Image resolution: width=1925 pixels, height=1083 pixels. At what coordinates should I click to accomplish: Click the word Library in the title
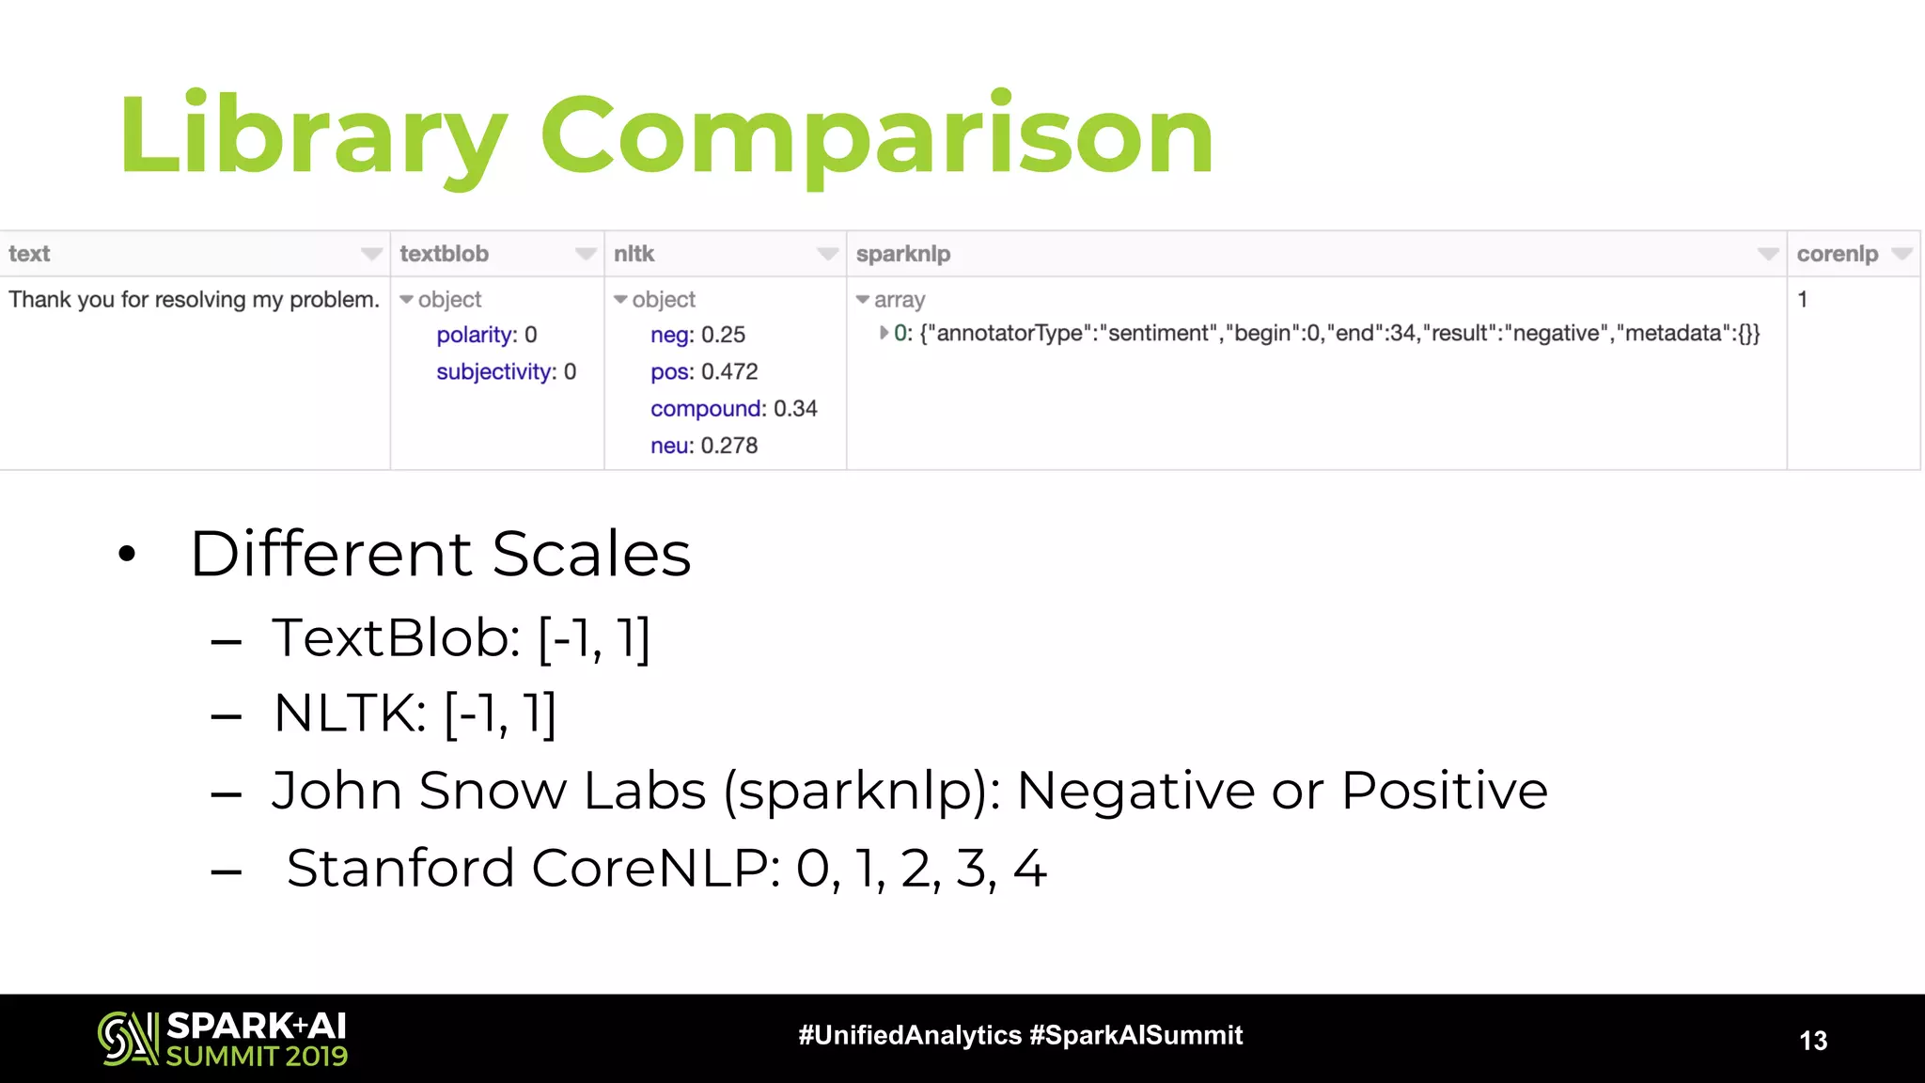point(310,136)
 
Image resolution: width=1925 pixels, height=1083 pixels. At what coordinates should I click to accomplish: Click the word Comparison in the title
point(876,136)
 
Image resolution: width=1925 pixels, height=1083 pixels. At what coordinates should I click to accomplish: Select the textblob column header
point(445,254)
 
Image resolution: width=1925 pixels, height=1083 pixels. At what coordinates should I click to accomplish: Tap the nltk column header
point(634,254)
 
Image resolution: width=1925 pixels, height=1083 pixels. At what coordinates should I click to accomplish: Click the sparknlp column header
point(903,254)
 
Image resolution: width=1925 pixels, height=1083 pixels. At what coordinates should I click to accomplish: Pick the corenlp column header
point(1837,254)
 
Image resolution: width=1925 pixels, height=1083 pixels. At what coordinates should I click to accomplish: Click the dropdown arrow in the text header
point(371,254)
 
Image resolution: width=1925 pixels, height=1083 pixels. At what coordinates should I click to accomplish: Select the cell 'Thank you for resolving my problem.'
point(194,300)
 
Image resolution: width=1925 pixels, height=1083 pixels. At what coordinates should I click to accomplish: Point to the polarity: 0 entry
point(486,336)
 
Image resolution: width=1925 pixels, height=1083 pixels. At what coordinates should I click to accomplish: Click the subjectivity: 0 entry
point(506,372)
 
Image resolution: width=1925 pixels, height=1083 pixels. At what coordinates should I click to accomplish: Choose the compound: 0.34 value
point(733,409)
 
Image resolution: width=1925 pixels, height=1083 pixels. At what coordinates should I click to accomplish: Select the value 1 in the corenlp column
point(1803,300)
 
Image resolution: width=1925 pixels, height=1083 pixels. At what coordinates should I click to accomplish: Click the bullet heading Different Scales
point(440,554)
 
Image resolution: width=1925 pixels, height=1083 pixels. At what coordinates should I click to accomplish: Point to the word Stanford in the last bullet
point(400,868)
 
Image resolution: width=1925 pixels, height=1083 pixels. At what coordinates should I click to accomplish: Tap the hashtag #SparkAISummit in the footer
point(1135,1036)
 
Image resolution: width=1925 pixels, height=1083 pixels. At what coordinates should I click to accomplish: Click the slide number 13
point(1813,1041)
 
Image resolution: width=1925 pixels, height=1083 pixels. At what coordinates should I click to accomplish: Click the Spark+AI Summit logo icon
point(127,1039)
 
